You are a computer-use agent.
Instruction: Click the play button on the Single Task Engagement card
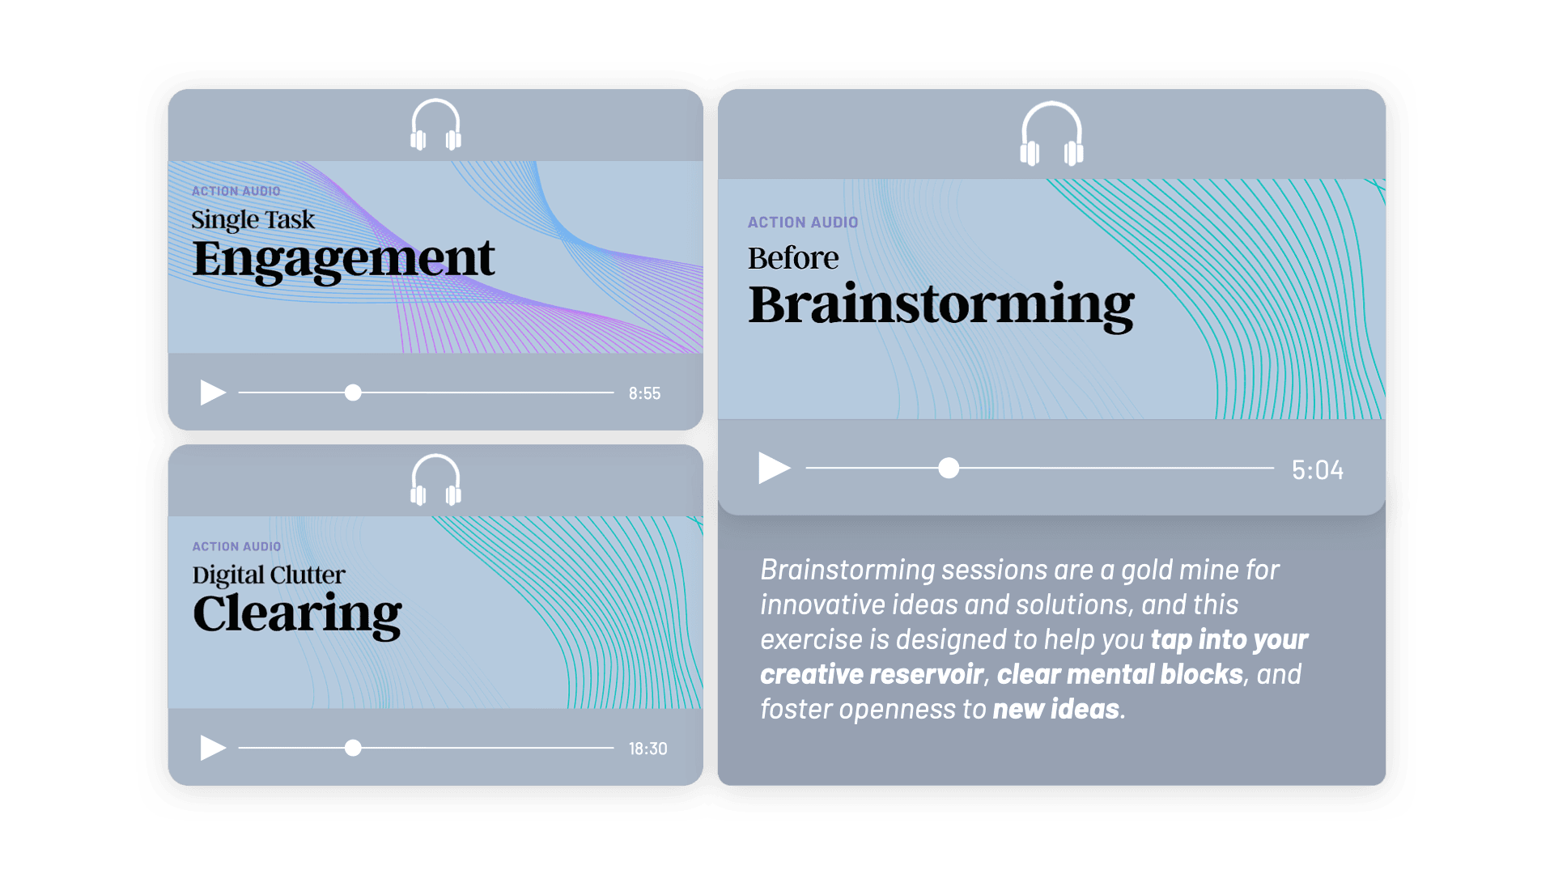pyautogui.click(x=212, y=392)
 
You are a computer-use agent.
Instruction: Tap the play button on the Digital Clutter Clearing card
pyautogui.click(x=212, y=748)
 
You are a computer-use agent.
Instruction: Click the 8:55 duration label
pyautogui.click(x=644, y=393)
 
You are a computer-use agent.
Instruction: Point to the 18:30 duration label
pyautogui.click(x=647, y=749)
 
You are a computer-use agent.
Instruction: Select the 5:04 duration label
pyautogui.click(x=1317, y=469)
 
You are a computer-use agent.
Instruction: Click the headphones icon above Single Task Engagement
pyautogui.click(x=435, y=125)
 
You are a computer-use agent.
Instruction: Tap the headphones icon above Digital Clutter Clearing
pyautogui.click(x=435, y=480)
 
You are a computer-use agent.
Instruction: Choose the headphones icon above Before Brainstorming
pyautogui.click(x=1051, y=134)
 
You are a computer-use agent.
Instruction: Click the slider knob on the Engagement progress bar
pyautogui.click(x=353, y=392)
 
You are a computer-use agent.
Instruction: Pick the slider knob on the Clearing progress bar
pyautogui.click(x=353, y=748)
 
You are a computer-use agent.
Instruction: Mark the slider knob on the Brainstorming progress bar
pyautogui.click(x=949, y=468)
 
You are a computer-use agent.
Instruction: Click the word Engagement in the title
pyautogui.click(x=343, y=259)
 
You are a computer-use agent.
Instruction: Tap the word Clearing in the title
pyautogui.click(x=297, y=615)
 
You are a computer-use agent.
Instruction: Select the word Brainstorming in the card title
pyautogui.click(x=941, y=305)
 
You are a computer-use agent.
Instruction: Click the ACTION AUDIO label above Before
pyautogui.click(x=803, y=223)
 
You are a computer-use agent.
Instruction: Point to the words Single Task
pyautogui.click(x=253, y=220)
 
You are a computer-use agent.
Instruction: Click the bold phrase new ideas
pyautogui.click(x=1056, y=709)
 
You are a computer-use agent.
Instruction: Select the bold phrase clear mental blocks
pyautogui.click(x=1119, y=674)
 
